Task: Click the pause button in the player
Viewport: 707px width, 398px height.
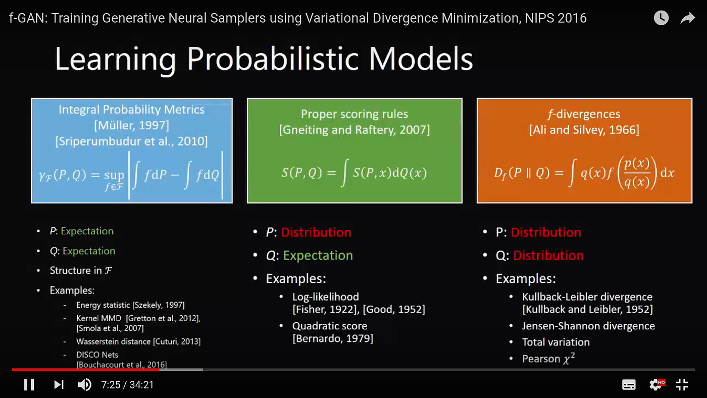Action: click(29, 385)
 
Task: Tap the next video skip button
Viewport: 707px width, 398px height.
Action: click(59, 385)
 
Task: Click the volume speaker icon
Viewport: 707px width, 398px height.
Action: click(84, 385)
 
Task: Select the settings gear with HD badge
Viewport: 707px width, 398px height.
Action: click(656, 385)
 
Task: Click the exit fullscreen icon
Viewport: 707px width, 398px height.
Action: click(682, 385)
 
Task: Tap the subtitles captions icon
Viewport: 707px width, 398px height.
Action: click(629, 385)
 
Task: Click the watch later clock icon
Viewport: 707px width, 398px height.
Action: click(661, 18)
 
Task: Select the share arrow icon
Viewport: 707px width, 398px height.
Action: click(687, 18)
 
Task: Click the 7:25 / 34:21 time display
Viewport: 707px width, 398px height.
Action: click(127, 385)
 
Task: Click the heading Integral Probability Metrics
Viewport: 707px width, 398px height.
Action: click(131, 110)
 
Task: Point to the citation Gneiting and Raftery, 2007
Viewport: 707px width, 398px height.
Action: click(355, 130)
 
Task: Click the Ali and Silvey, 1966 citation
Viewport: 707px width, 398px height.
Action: click(584, 130)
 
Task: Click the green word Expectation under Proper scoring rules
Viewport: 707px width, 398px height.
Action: click(318, 256)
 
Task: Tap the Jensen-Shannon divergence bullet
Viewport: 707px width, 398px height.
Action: click(588, 326)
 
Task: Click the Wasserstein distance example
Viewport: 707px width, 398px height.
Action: click(138, 342)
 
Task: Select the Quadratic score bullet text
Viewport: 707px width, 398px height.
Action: click(330, 326)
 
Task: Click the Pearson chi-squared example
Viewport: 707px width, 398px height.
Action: click(548, 359)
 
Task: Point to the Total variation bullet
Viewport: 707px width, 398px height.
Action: click(555, 342)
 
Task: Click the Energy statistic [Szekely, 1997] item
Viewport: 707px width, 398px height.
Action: click(130, 305)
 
